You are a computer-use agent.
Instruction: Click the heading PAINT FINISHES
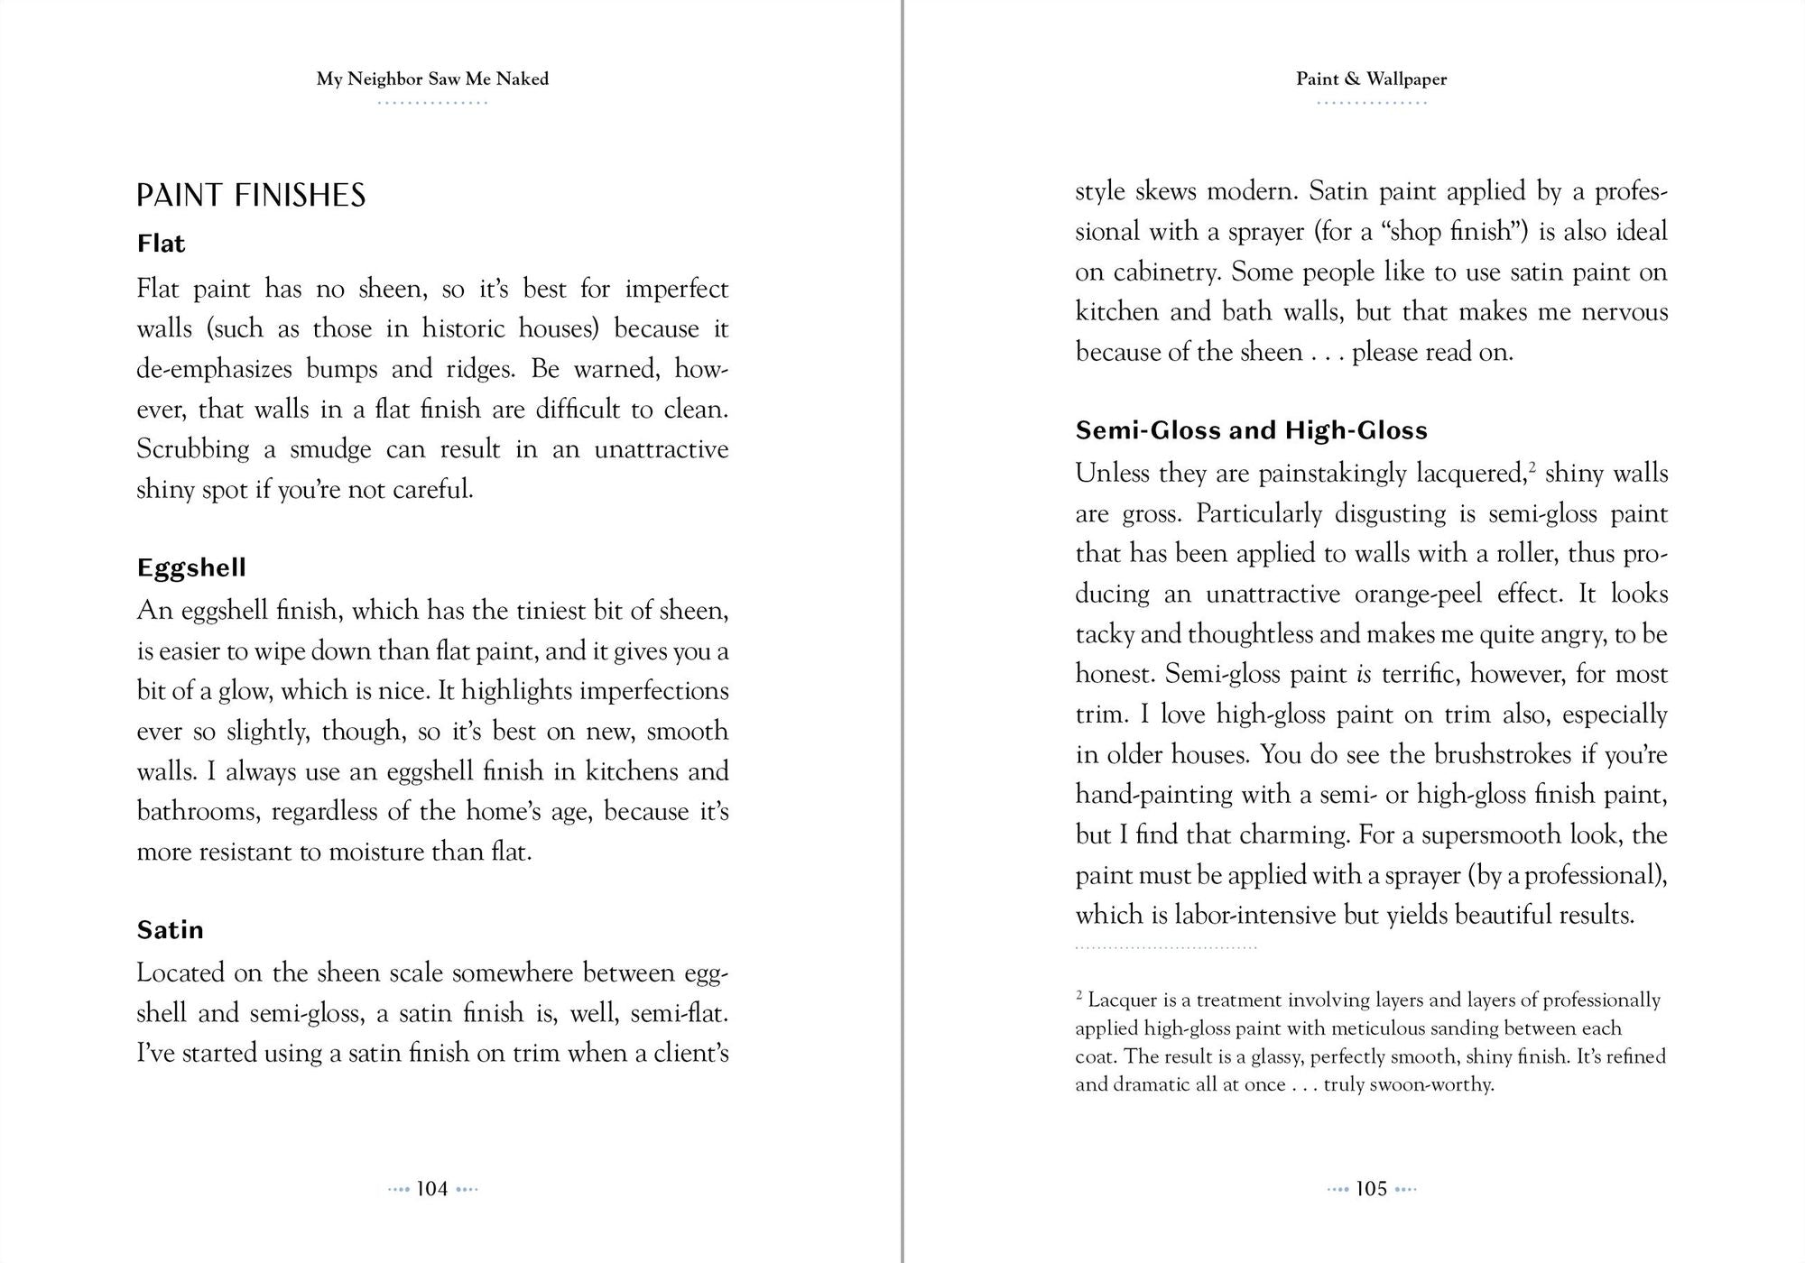[x=251, y=196]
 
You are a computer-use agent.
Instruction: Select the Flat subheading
[x=161, y=244]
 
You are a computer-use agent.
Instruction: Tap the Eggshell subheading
[x=191, y=567]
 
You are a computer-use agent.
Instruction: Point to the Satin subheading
[x=170, y=930]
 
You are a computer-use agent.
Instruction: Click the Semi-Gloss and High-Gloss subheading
[x=1251, y=430]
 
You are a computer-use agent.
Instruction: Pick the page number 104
[x=432, y=1189]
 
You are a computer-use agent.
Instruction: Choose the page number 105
[x=1371, y=1189]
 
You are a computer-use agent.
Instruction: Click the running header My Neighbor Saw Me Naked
[x=432, y=79]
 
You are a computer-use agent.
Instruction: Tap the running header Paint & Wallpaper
[x=1371, y=79]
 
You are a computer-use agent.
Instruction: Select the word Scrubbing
[x=192, y=449]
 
